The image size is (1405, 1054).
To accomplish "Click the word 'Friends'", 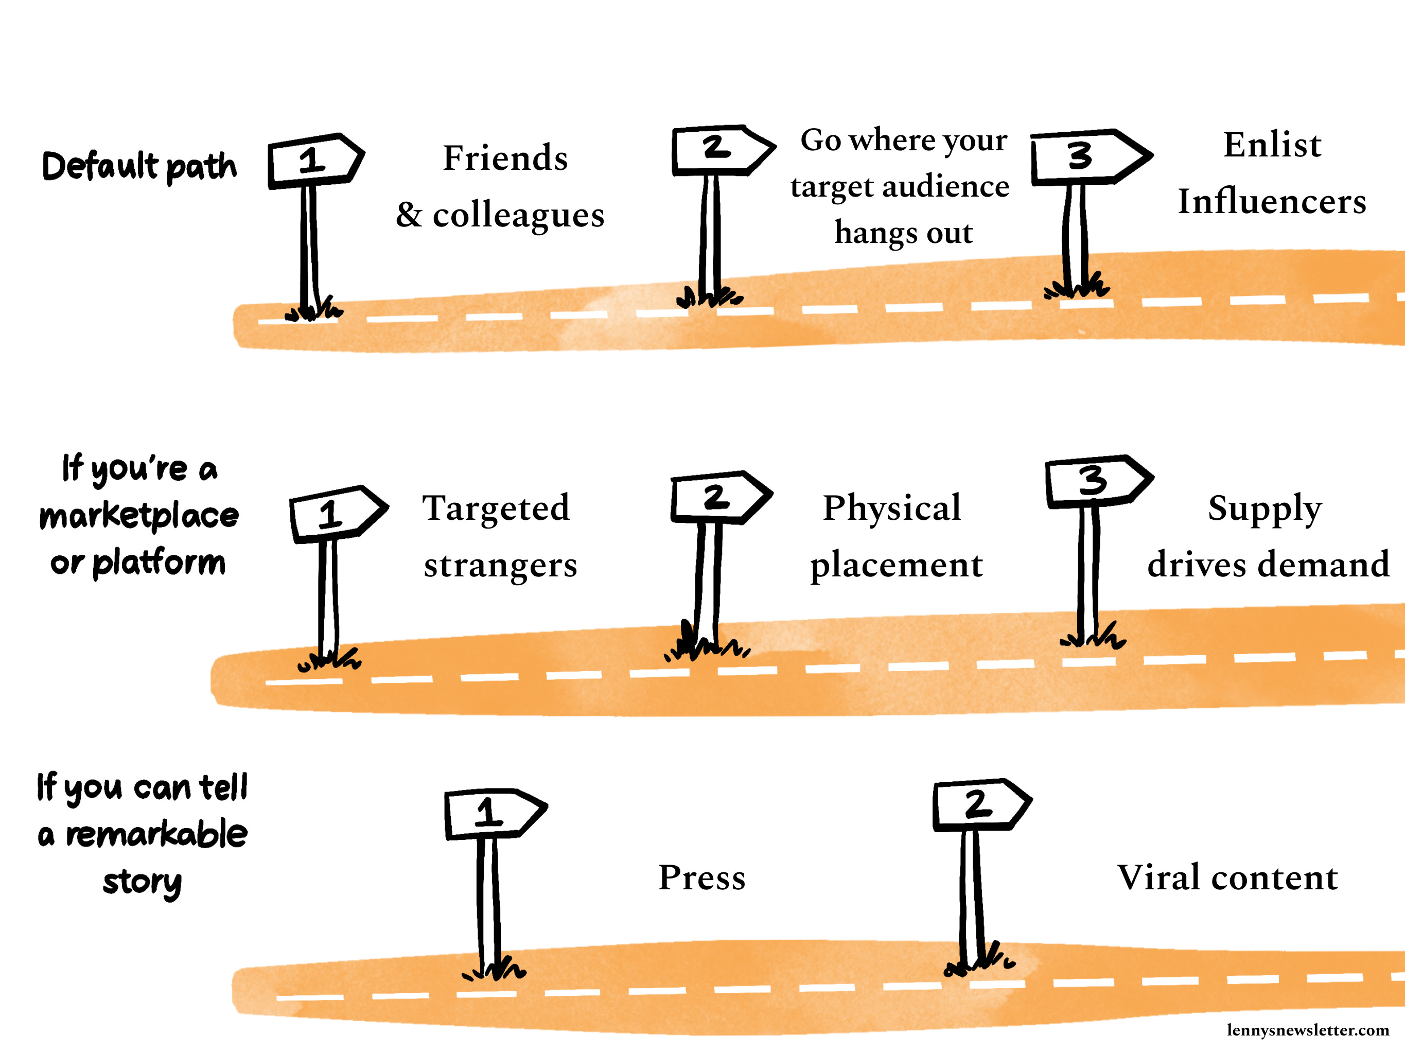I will pos(505,158).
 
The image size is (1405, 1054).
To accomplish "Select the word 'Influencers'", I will pos(1272,202).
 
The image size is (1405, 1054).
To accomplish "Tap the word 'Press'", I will pos(702,878).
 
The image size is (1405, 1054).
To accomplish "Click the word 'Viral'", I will pos(1158,878).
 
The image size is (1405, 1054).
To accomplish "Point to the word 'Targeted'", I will pos(496,508).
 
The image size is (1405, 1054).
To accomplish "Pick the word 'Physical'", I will pos(892,508).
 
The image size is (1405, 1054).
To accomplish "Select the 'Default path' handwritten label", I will pos(139,166).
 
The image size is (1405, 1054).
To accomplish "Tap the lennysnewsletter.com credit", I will pos(1308,1030).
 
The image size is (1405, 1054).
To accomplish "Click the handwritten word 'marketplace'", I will pos(139,515).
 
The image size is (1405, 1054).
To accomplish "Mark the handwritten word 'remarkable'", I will pos(156,834).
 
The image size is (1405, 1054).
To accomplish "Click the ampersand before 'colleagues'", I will pos(409,215).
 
